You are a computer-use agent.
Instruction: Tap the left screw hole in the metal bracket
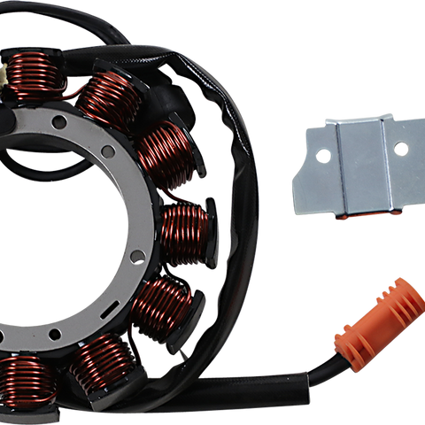coord(324,156)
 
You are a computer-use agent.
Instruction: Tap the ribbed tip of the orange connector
coord(404,296)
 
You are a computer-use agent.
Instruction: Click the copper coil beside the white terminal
coord(34,74)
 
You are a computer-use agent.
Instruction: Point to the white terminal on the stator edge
coord(6,81)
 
